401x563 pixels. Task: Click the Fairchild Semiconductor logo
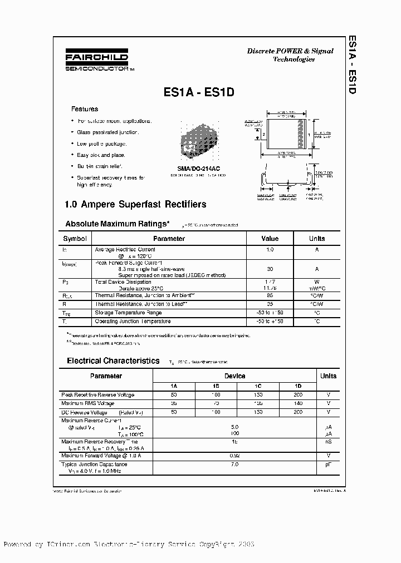click(x=98, y=62)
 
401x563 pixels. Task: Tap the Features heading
click(x=85, y=109)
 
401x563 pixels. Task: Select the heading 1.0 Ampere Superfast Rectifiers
click(x=136, y=204)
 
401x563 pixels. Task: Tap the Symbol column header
click(x=75, y=239)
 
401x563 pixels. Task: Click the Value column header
click(x=270, y=239)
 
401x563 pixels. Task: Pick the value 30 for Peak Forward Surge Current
click(x=270, y=268)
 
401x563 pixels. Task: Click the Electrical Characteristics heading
click(x=113, y=360)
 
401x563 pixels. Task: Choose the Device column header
click(x=234, y=376)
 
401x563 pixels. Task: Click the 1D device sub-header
click(x=298, y=386)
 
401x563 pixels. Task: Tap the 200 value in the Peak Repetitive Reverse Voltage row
click(x=298, y=394)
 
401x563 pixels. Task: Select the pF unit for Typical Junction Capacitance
click(x=329, y=463)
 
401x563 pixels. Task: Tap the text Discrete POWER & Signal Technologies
click(x=290, y=55)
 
